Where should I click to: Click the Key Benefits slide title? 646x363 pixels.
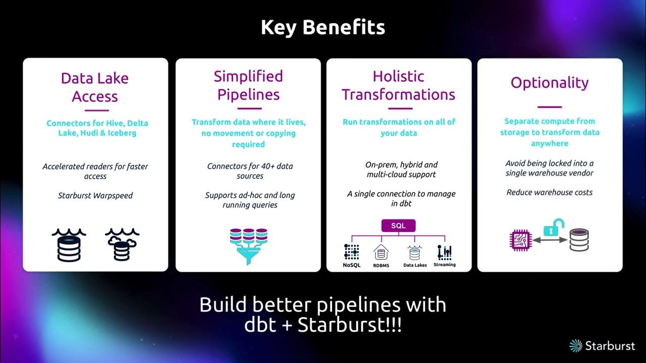click(x=322, y=27)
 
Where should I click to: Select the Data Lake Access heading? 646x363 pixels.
click(x=95, y=87)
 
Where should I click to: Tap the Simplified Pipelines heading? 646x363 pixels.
click(x=248, y=85)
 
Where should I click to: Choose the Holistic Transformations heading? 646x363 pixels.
click(x=399, y=85)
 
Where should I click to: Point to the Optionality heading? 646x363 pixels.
click(x=550, y=83)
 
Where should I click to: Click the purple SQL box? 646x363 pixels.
click(x=399, y=225)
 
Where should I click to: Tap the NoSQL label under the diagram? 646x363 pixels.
click(x=352, y=265)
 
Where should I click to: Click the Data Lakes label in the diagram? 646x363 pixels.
click(x=415, y=265)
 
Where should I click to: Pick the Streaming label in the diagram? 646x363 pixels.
click(x=444, y=265)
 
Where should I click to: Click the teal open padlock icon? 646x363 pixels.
click(x=551, y=227)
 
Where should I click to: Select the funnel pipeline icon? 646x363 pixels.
click(x=248, y=246)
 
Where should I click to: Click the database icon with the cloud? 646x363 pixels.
click(x=121, y=245)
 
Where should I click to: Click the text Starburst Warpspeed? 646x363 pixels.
click(x=95, y=196)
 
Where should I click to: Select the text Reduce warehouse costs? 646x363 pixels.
click(x=549, y=192)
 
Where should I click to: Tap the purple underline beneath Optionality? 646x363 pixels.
click(x=550, y=107)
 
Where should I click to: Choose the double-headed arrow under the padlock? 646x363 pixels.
click(x=551, y=241)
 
